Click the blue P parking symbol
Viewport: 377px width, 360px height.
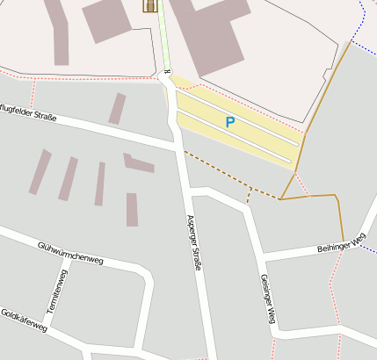(230, 123)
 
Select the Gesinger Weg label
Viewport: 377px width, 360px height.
(268, 299)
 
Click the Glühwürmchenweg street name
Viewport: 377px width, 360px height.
(71, 253)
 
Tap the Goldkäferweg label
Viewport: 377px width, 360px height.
(24, 320)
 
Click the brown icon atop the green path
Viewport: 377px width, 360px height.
(150, 6)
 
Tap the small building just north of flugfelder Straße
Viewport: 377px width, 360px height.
(117, 109)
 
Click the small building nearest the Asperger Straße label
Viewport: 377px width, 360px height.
(132, 210)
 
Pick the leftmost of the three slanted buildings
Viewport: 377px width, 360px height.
(40, 171)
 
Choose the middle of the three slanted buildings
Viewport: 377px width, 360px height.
(68, 179)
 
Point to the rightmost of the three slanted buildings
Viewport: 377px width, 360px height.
(99, 184)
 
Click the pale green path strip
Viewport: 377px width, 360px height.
(163, 40)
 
